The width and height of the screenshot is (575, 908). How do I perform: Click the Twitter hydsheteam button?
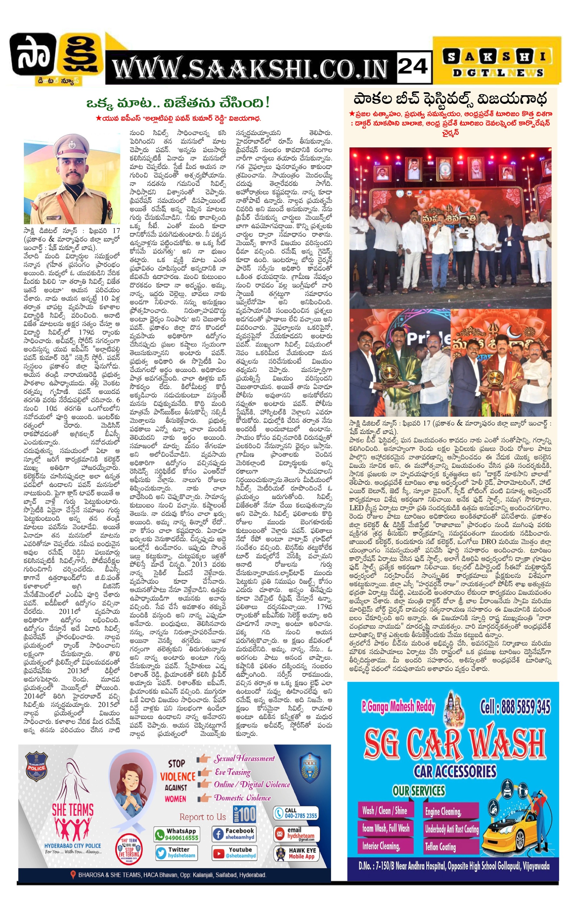177,853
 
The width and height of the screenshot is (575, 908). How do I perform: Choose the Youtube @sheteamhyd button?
234,853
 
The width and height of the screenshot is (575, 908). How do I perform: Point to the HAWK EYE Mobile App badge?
296,853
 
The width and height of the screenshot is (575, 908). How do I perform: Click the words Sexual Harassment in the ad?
244,758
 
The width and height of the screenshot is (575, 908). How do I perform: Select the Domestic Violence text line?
242,798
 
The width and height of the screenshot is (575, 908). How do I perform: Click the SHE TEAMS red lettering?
73,809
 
